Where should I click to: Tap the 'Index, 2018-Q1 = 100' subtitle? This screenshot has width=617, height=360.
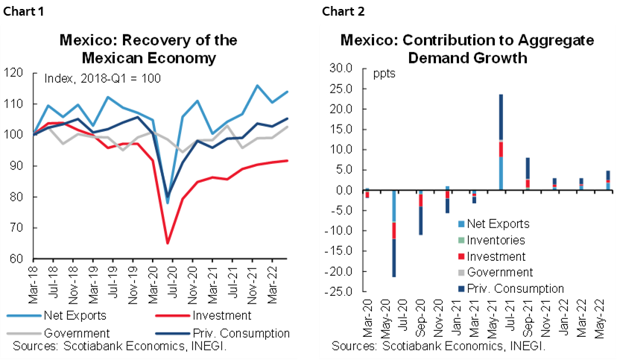click(103, 78)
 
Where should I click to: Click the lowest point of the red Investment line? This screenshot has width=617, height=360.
click(168, 243)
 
